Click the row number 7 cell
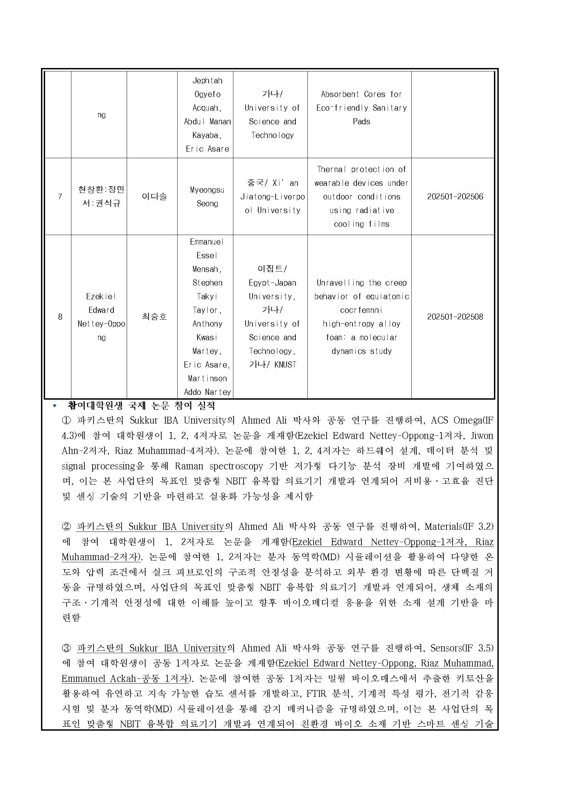click(x=60, y=197)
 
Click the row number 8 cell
click(x=60, y=317)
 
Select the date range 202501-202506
click(x=455, y=197)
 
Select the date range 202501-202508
click(x=455, y=317)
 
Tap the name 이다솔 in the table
click(x=154, y=197)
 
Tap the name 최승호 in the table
click(x=154, y=317)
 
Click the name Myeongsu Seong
click(x=207, y=197)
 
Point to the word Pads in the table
click(x=361, y=122)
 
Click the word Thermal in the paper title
click(x=331, y=169)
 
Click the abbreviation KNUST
click(x=285, y=365)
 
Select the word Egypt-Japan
click(x=272, y=283)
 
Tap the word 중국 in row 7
click(x=256, y=183)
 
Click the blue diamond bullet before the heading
click(x=54, y=406)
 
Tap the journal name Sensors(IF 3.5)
click(x=462, y=648)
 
